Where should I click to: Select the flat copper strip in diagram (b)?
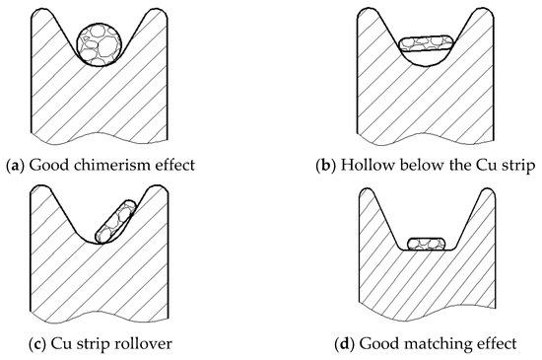tap(426, 42)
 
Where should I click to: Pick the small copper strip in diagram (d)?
tap(427, 243)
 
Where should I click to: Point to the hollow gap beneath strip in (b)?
tap(426, 56)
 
